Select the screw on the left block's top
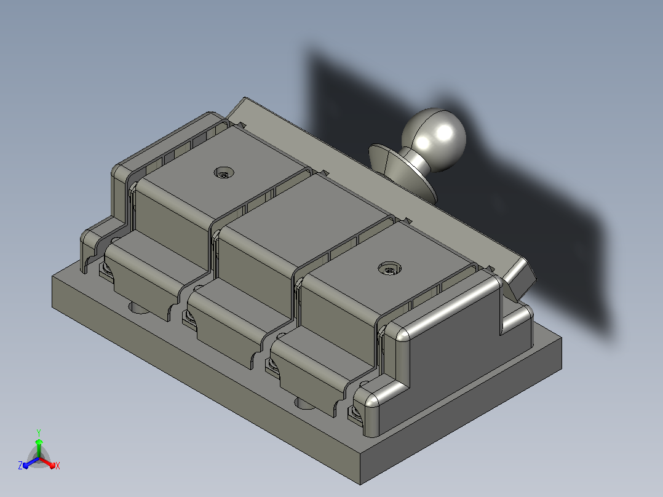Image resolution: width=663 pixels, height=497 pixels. pos(224,173)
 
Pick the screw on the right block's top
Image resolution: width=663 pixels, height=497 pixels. pos(389,269)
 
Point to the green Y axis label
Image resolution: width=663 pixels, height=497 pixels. pos(39,432)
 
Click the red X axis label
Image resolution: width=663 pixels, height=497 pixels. pos(58,466)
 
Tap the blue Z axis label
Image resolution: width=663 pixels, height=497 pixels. pos(20,465)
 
